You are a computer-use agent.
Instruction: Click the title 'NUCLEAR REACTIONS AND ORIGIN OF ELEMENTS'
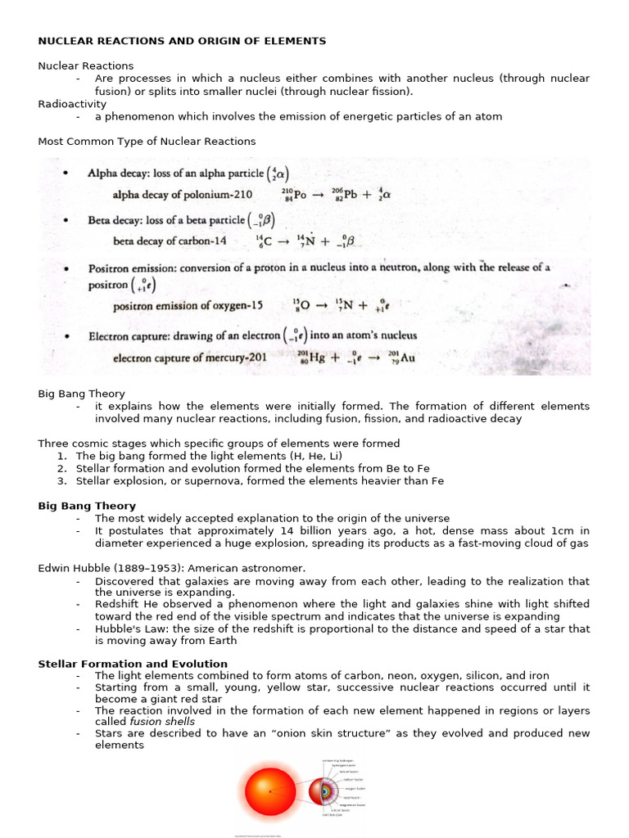(x=182, y=41)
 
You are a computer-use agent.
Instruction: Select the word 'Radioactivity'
(x=72, y=104)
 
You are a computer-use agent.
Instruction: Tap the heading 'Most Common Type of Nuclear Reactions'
(x=147, y=142)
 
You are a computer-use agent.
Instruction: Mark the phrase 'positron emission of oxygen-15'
(x=188, y=306)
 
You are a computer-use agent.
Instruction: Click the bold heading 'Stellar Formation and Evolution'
(x=133, y=664)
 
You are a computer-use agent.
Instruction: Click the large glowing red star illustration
(x=269, y=791)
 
